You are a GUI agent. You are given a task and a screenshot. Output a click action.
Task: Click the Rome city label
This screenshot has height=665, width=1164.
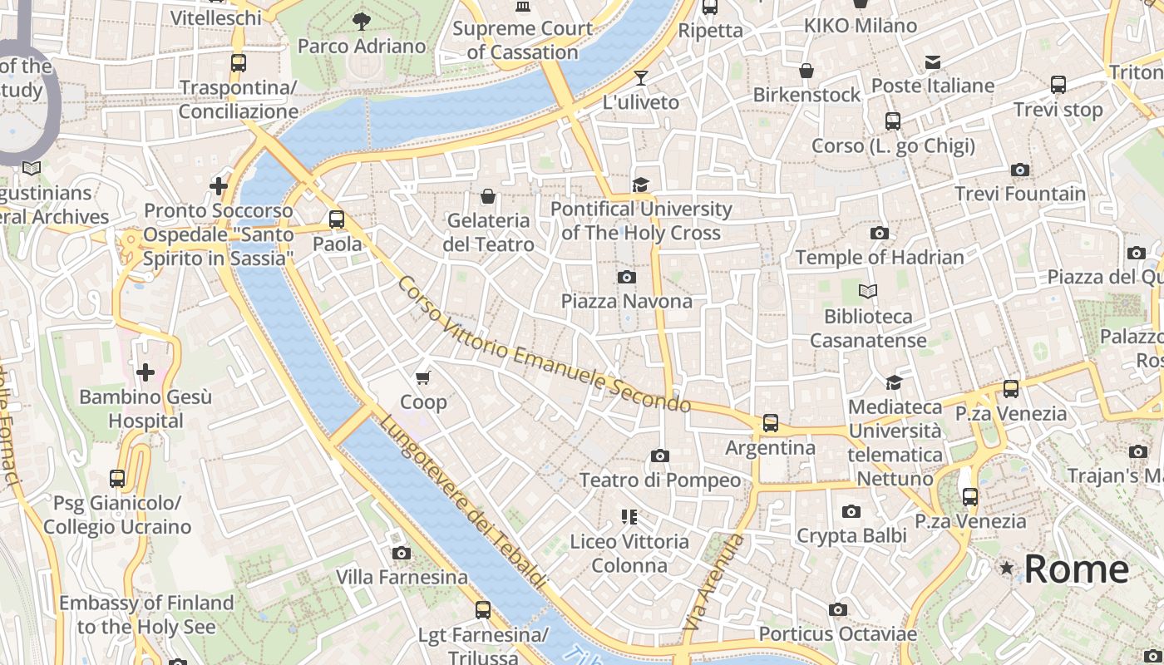point(1076,569)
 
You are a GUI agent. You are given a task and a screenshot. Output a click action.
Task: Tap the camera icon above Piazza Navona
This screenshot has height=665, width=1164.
point(627,277)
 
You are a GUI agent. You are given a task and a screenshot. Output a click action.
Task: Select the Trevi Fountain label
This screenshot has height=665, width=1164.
point(1019,194)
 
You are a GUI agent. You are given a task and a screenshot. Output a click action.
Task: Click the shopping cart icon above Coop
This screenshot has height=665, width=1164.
point(423,378)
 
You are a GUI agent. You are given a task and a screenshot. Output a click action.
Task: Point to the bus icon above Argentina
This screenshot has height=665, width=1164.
point(771,423)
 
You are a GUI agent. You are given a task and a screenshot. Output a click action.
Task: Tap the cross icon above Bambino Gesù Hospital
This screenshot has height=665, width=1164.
point(145,372)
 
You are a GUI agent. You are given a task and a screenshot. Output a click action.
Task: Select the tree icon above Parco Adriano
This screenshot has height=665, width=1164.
point(361,22)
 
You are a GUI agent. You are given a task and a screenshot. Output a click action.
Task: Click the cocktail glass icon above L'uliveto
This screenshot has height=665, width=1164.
point(640,78)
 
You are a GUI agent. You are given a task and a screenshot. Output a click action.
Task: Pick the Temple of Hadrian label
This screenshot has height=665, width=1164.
point(880,258)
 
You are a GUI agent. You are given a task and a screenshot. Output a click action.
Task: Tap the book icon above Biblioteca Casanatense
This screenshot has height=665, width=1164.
point(868,292)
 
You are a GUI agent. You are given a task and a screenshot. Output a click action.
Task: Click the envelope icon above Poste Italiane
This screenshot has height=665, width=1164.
point(933,62)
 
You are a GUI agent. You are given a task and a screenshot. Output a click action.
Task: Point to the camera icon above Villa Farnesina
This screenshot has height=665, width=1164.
point(402,553)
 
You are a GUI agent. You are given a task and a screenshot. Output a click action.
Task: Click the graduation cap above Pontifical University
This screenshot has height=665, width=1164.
point(640,185)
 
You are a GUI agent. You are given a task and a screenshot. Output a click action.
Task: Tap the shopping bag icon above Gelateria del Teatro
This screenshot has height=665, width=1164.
point(488,196)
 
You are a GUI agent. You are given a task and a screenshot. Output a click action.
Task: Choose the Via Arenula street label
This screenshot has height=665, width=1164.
point(713,581)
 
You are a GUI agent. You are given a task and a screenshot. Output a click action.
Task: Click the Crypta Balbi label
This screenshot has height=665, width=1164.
point(851,536)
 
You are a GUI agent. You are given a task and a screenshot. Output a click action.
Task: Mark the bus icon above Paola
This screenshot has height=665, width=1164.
point(337,219)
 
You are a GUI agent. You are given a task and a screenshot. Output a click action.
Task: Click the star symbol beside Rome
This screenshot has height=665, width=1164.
point(1007,569)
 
